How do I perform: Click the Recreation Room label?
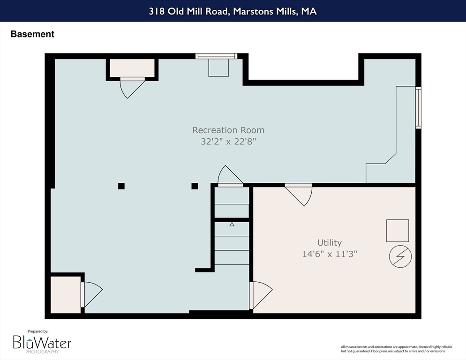pyautogui.click(x=228, y=130)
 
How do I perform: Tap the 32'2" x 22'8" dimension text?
pyautogui.click(x=228, y=141)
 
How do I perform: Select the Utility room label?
pyautogui.click(x=329, y=243)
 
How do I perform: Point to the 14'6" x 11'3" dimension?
pyautogui.click(x=329, y=254)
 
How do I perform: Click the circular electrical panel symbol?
pyautogui.click(x=400, y=256)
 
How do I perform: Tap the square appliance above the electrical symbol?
pyautogui.click(x=398, y=231)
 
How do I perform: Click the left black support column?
pyautogui.click(x=121, y=186)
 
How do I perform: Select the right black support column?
pyautogui.click(x=195, y=186)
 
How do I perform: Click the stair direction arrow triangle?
pyautogui.click(x=232, y=224)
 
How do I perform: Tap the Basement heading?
pyautogui.click(x=32, y=34)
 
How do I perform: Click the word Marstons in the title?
pyautogui.click(x=253, y=11)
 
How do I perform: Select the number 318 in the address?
pyautogui.click(x=156, y=11)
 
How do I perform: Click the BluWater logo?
pyautogui.click(x=42, y=344)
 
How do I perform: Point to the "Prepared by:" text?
pyautogui.click(x=38, y=331)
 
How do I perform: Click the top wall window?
pyautogui.click(x=217, y=56)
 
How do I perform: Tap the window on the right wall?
pyautogui.click(x=418, y=107)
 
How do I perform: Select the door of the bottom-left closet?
pyautogui.click(x=91, y=295)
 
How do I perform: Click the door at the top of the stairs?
pyautogui.click(x=230, y=176)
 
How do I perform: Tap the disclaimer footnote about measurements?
pyautogui.click(x=397, y=349)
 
